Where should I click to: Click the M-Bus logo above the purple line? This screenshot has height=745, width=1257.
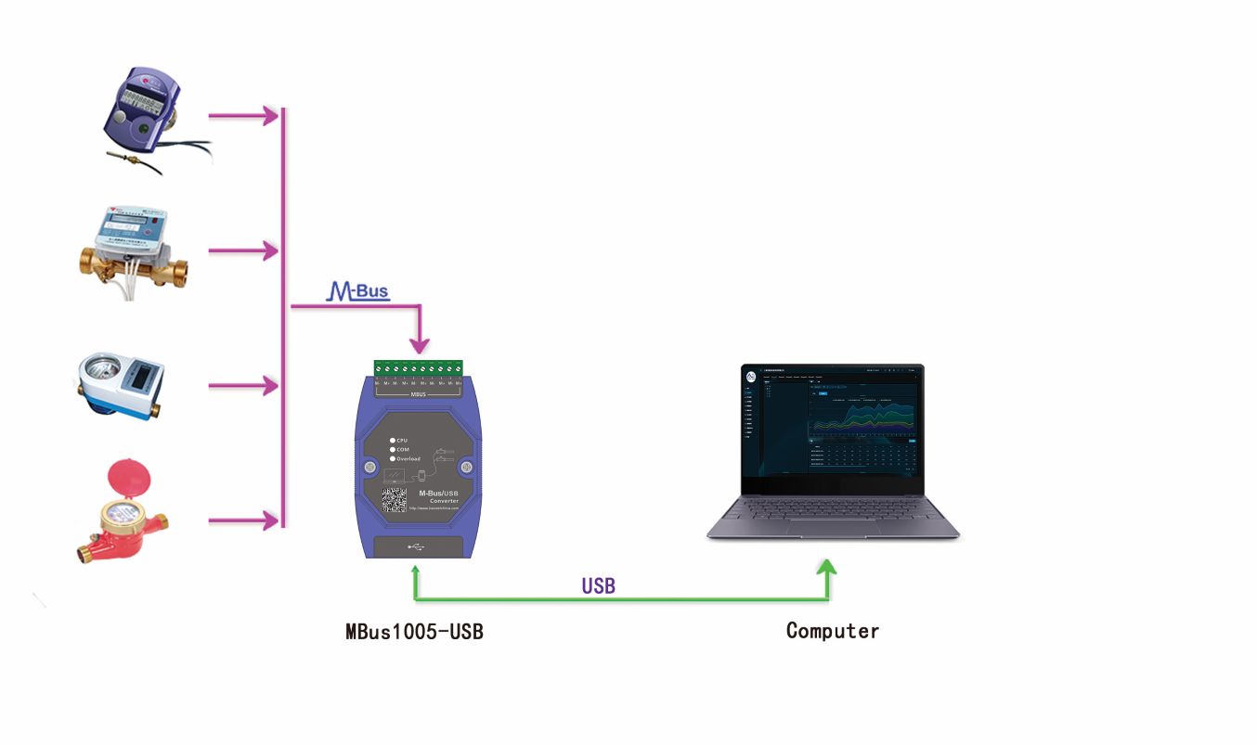(358, 291)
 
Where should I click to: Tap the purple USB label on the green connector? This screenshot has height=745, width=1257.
(598, 586)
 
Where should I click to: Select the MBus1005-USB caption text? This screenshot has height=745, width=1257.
(414, 632)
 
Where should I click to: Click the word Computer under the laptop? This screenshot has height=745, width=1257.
(832, 631)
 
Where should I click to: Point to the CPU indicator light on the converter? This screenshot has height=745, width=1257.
(393, 440)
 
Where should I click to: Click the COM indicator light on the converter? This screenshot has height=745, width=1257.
(393, 449)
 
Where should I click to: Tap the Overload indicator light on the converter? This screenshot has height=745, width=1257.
(393, 458)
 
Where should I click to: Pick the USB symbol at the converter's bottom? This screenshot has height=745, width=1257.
(415, 546)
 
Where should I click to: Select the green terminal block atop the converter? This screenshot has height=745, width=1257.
(418, 369)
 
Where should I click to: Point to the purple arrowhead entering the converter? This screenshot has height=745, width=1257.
(420, 344)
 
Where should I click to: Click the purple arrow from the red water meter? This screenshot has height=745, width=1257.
(243, 520)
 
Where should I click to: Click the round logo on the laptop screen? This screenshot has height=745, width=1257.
(751, 378)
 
